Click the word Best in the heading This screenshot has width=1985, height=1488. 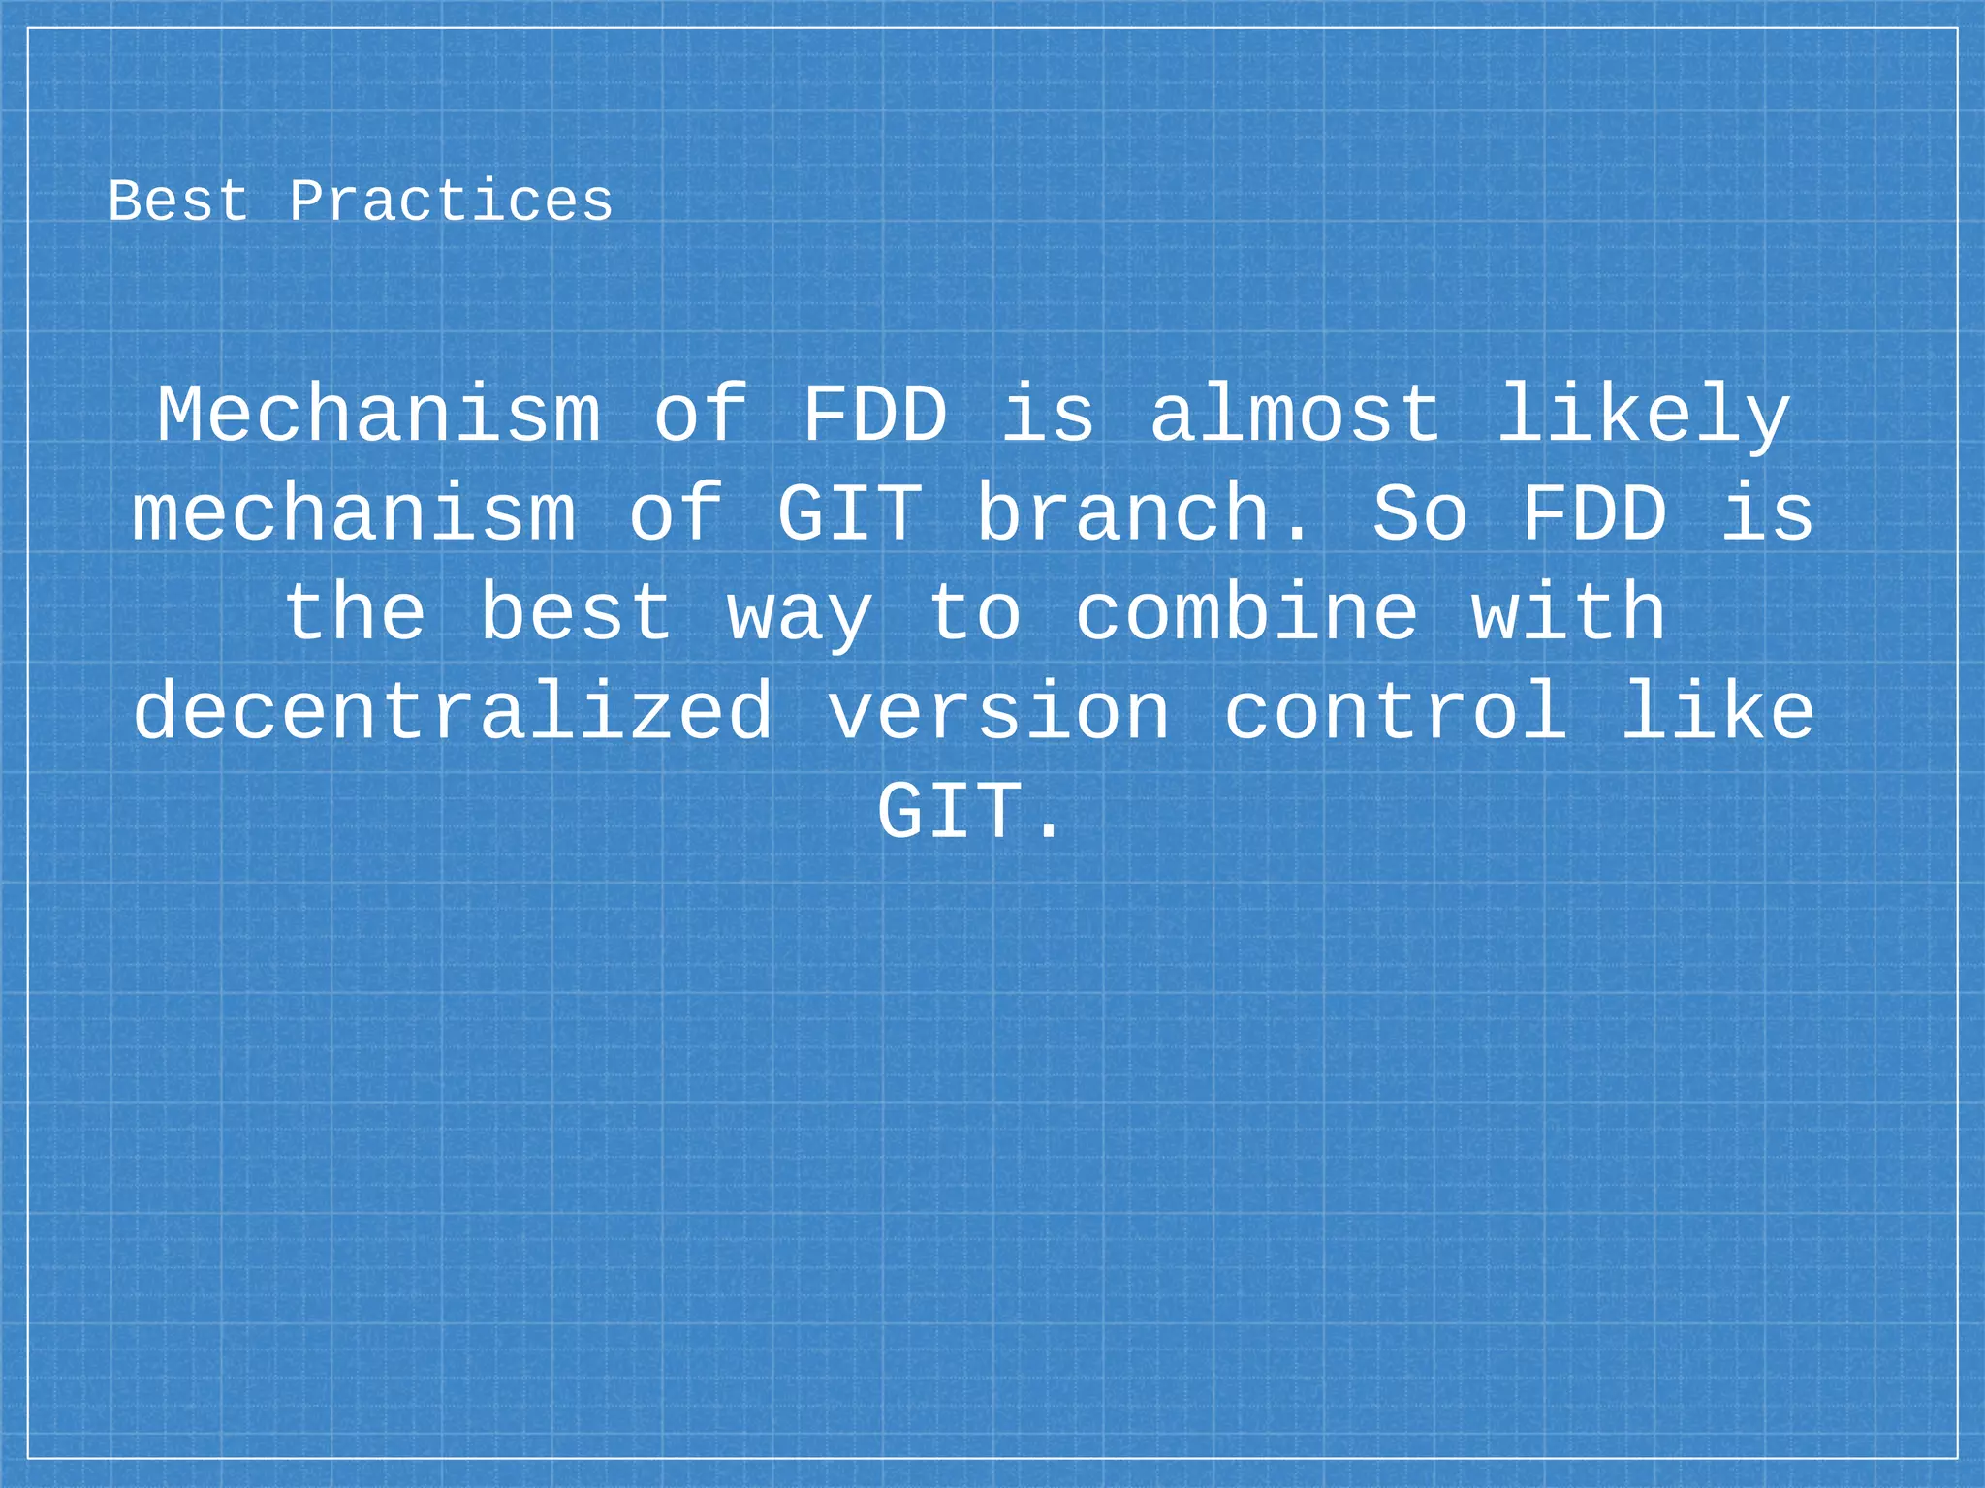coord(178,201)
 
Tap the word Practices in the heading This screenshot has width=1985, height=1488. coord(451,201)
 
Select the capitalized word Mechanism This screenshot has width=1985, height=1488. coord(379,415)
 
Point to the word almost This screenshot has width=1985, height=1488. coord(1295,415)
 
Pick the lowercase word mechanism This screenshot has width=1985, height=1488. coord(354,513)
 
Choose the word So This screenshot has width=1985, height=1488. coord(1419,513)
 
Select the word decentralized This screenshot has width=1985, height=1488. coord(454,712)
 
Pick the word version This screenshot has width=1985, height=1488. coord(998,712)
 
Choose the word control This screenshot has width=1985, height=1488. coord(1396,712)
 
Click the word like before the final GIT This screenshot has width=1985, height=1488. coord(1717,712)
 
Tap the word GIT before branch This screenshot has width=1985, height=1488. coord(849,513)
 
